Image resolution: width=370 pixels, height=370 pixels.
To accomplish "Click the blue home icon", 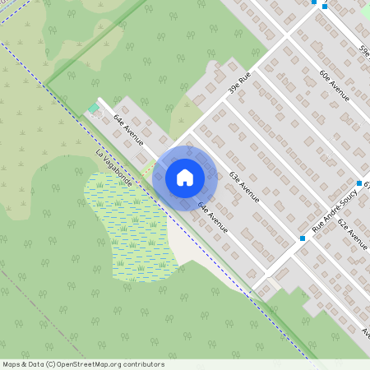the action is coord(185,177).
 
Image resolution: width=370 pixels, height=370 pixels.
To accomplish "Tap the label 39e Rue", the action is coord(239,84).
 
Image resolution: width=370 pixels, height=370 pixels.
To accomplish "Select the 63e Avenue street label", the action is coord(244,187).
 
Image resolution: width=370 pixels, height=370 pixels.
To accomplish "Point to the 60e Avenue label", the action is coord(334,85).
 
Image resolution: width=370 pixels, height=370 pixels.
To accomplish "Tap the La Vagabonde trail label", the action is coord(113,168).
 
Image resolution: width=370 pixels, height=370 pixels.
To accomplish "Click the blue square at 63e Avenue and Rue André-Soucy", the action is coord(303,238).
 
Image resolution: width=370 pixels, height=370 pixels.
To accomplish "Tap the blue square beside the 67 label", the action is coord(359,183).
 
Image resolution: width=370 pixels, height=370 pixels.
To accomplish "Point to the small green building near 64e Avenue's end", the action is coord(93,108).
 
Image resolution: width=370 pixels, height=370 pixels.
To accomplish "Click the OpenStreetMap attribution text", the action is coord(83,364).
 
